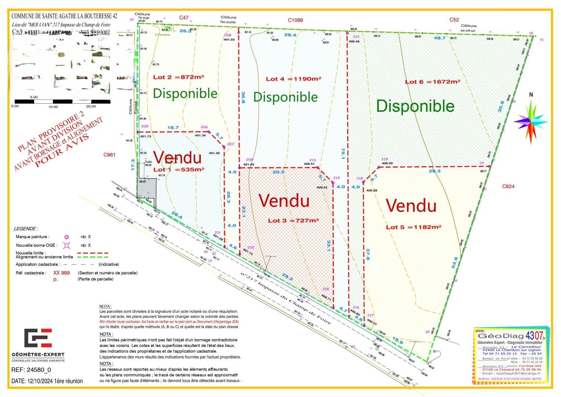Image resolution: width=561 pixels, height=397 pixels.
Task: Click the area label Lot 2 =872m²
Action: [179, 77]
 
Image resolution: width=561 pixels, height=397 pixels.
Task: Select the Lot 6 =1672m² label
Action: [432, 82]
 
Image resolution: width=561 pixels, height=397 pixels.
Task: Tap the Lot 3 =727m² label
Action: [293, 221]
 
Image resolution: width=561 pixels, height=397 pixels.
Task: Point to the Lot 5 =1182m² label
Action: [413, 227]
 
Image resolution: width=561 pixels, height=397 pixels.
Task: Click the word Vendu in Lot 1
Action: [177, 158]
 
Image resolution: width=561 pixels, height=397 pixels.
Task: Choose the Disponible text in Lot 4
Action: [285, 97]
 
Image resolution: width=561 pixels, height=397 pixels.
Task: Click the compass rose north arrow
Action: [531, 121]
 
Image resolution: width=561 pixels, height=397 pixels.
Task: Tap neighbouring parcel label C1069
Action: [295, 20]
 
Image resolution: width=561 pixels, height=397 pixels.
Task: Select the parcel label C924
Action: [508, 186]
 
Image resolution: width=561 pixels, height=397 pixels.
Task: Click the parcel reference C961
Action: [109, 155]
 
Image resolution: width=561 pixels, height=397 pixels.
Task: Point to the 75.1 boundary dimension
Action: [343, 154]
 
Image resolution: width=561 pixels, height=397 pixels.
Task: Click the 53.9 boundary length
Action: [455, 262]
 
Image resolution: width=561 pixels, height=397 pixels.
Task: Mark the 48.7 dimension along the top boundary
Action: [439, 38]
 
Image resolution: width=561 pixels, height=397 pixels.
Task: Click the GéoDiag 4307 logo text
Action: [511, 336]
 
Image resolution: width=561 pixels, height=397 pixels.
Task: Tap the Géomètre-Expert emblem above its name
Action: [38, 338]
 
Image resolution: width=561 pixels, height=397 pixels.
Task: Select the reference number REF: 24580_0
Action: [31, 370]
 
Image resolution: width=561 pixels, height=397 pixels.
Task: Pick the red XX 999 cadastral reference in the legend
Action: [61, 273]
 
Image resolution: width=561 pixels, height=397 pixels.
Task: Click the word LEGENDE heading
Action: [26, 229]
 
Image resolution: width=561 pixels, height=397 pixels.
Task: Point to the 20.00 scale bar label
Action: [91, 107]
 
